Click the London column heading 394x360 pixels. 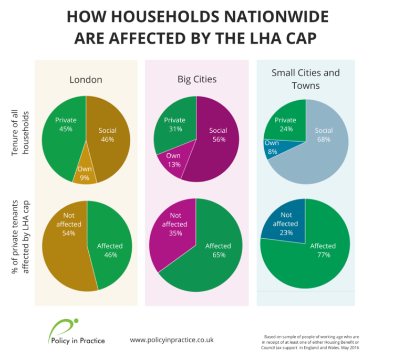tap(86, 80)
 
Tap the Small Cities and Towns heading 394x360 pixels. tap(305, 79)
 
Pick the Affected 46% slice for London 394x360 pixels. tap(109, 249)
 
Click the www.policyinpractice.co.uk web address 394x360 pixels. tap(171, 340)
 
